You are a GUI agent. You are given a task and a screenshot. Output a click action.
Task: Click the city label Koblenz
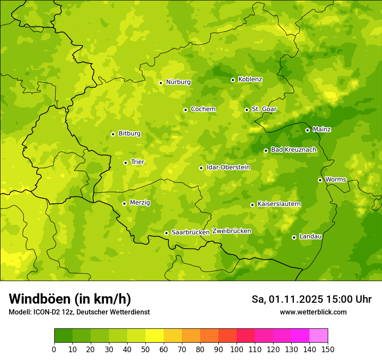pos(250,79)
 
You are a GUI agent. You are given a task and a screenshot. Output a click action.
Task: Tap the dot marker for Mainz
pos(307,130)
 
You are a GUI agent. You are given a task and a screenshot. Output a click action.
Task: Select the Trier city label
pos(137,162)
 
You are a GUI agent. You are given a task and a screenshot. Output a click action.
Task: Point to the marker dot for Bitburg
pos(113,134)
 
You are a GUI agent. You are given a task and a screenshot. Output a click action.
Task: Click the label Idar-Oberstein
pos(228,167)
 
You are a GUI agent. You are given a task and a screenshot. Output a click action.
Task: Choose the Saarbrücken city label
pos(191,232)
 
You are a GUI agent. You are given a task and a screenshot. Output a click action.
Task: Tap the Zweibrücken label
pos(232,231)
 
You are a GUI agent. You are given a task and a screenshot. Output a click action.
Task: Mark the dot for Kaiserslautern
pos(252,205)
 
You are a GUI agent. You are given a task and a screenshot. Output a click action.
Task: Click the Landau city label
pos(310,236)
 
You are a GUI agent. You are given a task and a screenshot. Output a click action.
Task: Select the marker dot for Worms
pos(320,180)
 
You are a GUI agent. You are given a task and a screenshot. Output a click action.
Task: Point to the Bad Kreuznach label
pos(293,150)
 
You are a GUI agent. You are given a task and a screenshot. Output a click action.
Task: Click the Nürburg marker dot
pos(161,83)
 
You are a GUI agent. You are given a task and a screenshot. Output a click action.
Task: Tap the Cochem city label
pos(203,109)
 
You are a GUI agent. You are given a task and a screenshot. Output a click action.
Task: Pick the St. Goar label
pos(264,109)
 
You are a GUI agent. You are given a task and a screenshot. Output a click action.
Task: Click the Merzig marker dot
pos(124,203)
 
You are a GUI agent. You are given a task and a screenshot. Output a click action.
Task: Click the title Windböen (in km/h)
pos(69,299)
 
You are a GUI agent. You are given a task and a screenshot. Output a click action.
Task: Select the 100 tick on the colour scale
pos(237,349)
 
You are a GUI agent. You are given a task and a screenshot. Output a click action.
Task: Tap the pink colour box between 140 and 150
pos(319,336)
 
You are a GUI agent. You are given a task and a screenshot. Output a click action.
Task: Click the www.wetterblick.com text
pos(313,312)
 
